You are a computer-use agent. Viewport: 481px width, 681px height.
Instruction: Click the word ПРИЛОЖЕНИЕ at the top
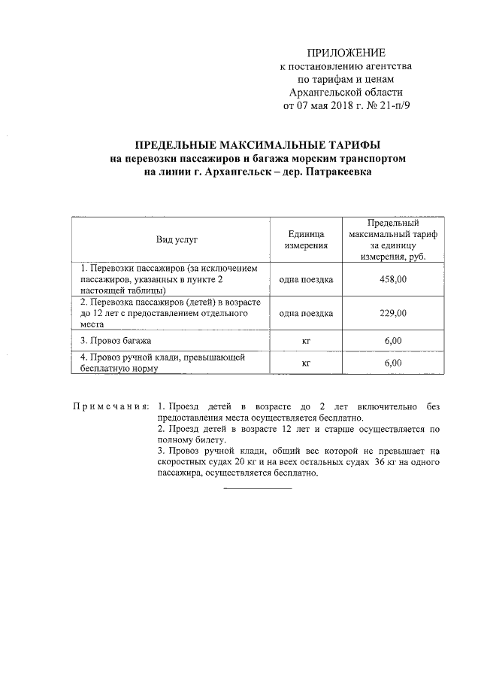[346, 53]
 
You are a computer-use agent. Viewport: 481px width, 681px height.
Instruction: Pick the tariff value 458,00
[393, 278]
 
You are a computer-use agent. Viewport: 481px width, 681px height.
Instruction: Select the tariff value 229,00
[393, 313]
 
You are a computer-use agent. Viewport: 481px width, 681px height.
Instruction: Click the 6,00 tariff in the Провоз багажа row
[393, 341]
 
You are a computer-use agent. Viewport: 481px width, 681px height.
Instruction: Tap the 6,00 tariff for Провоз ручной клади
[393, 363]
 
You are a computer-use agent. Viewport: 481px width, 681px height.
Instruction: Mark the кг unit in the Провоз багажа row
[306, 341]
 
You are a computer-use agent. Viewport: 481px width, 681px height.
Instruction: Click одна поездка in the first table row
[306, 278]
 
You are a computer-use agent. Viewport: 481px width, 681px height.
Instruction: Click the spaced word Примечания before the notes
[110, 407]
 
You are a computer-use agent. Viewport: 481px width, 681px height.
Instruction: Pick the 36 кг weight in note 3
[386, 463]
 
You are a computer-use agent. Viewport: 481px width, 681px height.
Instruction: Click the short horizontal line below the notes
[258, 489]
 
